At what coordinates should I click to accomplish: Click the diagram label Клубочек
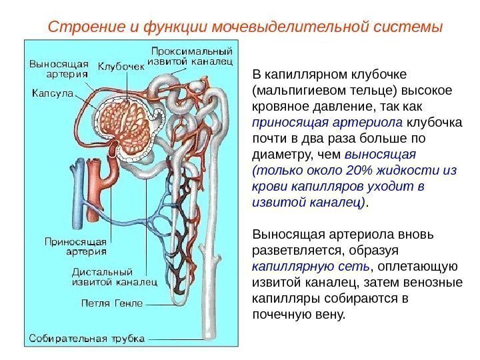121,67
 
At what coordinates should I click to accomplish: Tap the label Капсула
52,93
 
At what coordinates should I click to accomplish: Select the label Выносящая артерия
59,69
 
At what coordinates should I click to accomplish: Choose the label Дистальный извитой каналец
114,277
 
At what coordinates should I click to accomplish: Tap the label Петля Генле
112,303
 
